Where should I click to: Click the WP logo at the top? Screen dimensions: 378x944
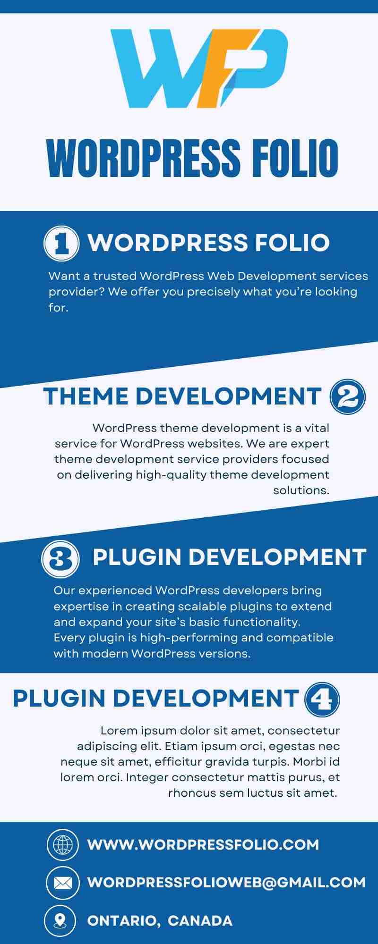tap(199, 68)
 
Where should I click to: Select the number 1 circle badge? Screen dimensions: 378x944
tap(61, 244)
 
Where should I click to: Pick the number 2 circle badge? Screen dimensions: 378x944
tap(348, 397)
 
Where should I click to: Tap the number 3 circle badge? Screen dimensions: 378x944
tap(60, 559)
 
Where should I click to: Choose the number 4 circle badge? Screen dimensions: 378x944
tap(322, 700)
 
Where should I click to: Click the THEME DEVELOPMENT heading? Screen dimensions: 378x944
tap(182, 396)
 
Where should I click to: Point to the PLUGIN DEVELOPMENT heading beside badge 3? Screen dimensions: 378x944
tap(230, 557)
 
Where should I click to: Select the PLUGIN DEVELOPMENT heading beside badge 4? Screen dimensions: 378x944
tap(156, 699)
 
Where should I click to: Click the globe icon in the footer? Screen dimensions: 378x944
tap(63, 844)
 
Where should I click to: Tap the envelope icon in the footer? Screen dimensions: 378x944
tap(63, 882)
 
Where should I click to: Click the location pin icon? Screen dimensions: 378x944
tap(60, 920)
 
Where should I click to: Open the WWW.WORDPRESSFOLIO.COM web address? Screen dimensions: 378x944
tap(203, 844)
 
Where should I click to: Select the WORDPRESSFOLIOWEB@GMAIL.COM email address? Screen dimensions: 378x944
tap(227, 882)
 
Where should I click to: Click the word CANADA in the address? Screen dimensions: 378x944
tap(200, 920)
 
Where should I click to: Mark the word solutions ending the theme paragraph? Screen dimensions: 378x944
tap(301, 490)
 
